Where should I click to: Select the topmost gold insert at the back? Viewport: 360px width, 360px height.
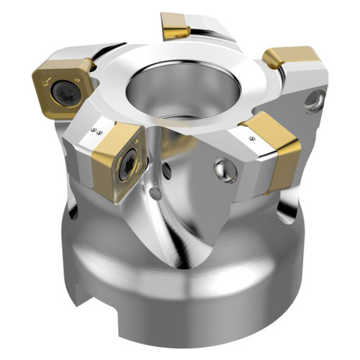(x=175, y=25)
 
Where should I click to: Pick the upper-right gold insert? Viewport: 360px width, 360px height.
(x=290, y=61)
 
